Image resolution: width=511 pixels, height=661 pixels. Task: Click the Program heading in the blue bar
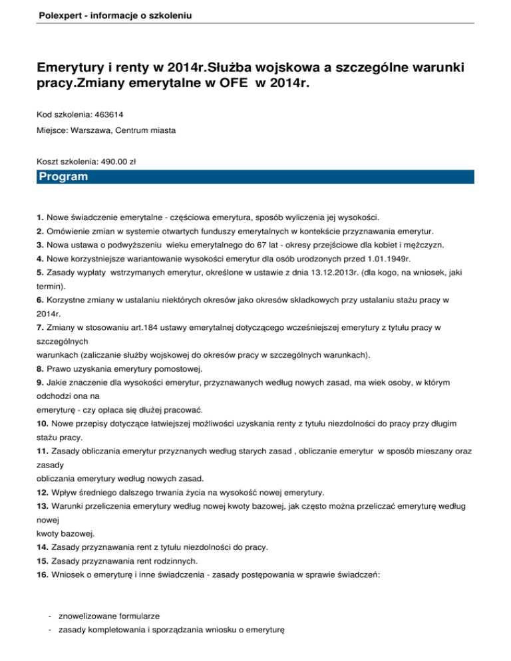[x=63, y=177]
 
